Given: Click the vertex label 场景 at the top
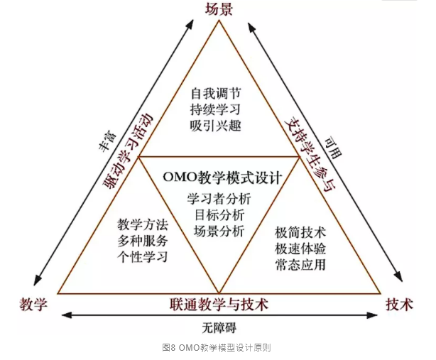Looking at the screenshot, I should point(219,9).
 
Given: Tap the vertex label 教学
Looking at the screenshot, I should point(34,305).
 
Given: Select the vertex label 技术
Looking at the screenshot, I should point(399,305).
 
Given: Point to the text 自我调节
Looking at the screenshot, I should point(216,94).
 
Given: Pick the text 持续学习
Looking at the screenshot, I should point(216,109).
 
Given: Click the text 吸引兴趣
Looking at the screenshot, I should point(216,125).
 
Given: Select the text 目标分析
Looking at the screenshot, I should point(219,214).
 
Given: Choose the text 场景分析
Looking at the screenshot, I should point(219,230).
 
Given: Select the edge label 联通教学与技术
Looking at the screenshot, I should point(219,305).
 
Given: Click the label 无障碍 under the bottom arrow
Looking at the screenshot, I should point(219,327).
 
